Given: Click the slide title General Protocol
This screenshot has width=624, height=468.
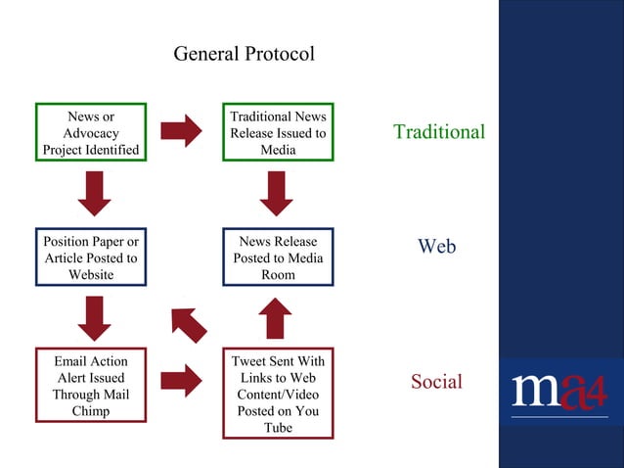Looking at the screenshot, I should coord(244,53).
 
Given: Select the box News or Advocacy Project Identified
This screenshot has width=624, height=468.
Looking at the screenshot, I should coord(91,132).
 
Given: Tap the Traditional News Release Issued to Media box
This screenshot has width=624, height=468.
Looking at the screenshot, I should coord(278,132).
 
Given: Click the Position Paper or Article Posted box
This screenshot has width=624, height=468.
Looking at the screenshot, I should coord(91,257).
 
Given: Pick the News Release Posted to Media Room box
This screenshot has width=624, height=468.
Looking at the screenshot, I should coord(278,257).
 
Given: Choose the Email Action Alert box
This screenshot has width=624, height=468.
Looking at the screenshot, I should coord(91,386).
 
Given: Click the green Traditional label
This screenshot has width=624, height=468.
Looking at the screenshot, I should coord(438,132).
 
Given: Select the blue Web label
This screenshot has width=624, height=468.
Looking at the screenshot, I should coord(436,247).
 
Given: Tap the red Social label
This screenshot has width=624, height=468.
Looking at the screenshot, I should coord(436,382).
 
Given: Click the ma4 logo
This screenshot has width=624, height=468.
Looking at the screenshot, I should coord(559,391).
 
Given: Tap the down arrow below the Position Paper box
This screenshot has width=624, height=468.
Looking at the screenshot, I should coord(94,318).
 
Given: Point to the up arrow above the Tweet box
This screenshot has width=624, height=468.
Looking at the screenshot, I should coord(277,318).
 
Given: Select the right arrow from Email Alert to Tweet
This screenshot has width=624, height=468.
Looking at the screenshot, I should coord(181,380).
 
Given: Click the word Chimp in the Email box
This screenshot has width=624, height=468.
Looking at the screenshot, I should coord(91,411).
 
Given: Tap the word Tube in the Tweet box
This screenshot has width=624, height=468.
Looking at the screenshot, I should coord(278,428).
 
